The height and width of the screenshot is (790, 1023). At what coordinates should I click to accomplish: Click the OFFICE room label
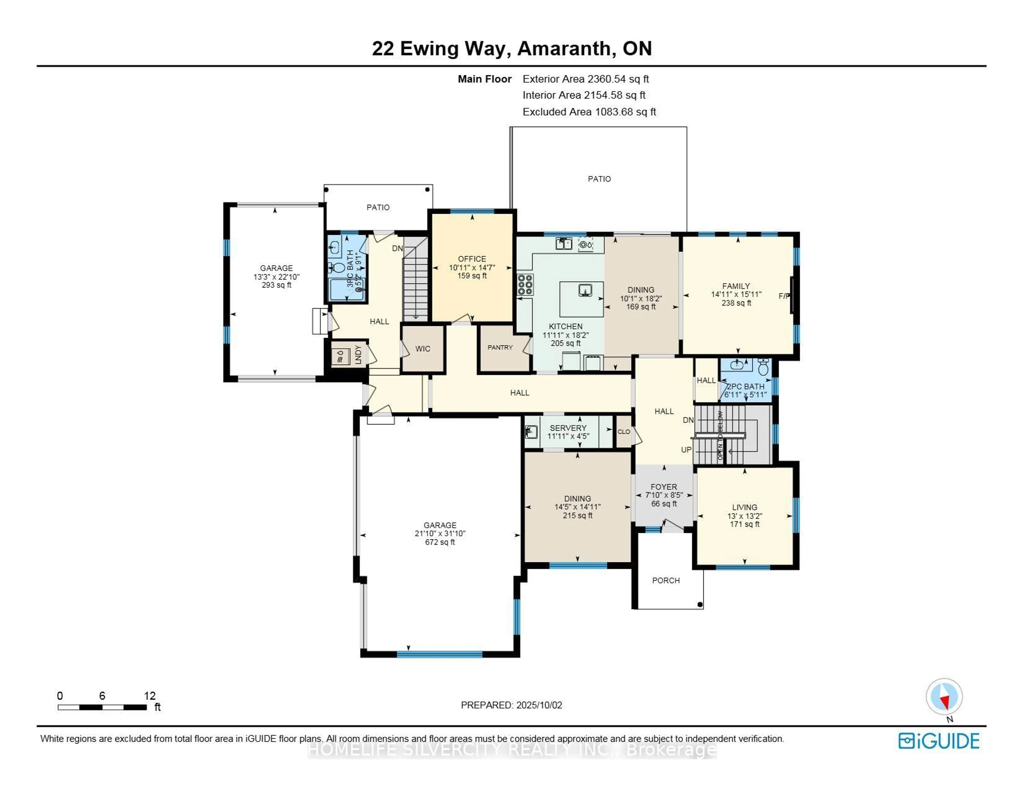pos(472,259)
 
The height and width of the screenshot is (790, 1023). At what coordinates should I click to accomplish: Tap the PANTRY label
pos(500,347)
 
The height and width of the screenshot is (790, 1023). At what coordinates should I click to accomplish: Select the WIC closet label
pos(423,349)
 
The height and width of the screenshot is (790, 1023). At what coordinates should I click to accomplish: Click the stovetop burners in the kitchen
pos(525,285)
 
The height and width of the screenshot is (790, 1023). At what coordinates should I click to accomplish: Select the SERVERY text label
pos(568,428)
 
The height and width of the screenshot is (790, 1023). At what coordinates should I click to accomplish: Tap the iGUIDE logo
pos(939,741)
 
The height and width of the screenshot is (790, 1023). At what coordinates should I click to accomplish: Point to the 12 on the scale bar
pos(149,696)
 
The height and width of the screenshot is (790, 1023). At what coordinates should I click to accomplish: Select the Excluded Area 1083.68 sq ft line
pos(589,112)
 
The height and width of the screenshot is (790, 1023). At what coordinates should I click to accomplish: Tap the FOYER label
pos(664,486)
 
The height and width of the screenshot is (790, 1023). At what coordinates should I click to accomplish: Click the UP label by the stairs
pos(686,449)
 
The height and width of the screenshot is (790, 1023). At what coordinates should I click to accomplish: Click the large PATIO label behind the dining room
pos(599,179)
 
